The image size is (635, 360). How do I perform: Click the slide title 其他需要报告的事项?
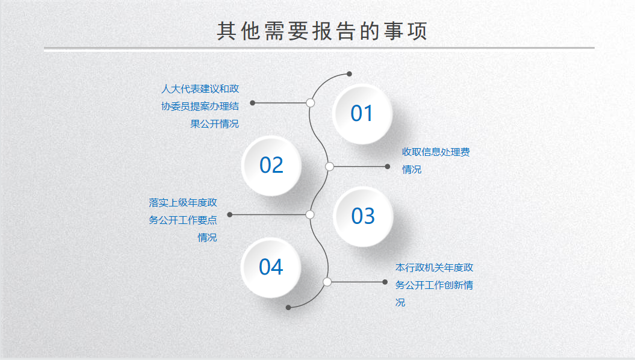(x=322, y=31)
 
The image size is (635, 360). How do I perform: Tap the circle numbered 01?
(x=362, y=114)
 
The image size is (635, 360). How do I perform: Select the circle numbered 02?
(x=271, y=166)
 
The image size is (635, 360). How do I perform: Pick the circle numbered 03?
(x=363, y=216)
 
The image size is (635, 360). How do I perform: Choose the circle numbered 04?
(x=270, y=267)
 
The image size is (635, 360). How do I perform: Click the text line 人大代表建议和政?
(x=200, y=88)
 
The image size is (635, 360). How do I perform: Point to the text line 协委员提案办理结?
(x=200, y=106)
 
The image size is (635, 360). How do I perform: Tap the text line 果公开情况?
(x=215, y=123)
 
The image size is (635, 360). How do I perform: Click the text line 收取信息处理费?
(x=436, y=152)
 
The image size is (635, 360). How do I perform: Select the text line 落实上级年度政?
(x=182, y=202)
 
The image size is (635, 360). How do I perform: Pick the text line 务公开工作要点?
(x=182, y=220)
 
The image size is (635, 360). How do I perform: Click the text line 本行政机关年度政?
(x=434, y=268)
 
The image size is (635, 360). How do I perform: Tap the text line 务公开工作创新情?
(x=434, y=285)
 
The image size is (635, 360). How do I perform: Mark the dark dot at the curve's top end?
(x=349, y=73)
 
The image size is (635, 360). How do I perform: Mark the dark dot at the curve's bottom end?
(x=288, y=308)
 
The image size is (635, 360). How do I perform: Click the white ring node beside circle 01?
(x=310, y=103)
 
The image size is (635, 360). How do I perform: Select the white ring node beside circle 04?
(x=327, y=282)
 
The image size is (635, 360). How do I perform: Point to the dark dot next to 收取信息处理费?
(x=388, y=166)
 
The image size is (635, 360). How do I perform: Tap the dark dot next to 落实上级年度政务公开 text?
(x=229, y=215)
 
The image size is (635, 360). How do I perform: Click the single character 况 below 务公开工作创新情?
(x=400, y=302)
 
